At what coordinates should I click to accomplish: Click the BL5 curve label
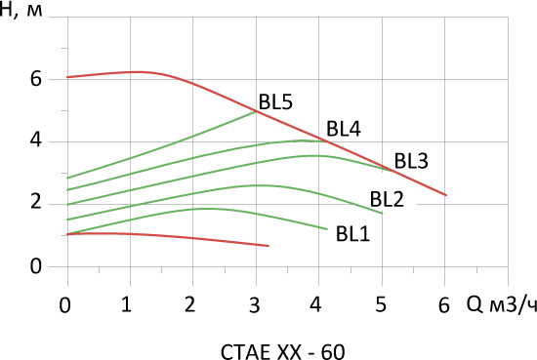coord(275,102)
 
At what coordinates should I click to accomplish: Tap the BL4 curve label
coord(344,129)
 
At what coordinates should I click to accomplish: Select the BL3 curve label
coord(411,161)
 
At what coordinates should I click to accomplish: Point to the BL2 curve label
coord(387,199)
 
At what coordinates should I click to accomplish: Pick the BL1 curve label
coord(352,234)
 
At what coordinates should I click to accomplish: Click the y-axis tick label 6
coord(36,79)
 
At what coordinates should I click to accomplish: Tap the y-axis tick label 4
coord(36,140)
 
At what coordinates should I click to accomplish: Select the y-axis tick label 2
coord(36,202)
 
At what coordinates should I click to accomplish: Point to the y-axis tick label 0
coord(36,266)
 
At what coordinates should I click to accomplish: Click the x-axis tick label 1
coord(126,304)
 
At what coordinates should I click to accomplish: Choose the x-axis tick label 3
coord(254,304)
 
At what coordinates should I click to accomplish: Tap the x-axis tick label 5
coord(381,303)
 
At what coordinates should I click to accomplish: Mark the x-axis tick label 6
coord(444,304)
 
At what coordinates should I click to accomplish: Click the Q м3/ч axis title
coord(502,304)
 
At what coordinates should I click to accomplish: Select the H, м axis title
coord(21,11)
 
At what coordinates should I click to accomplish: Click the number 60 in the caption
coord(333,352)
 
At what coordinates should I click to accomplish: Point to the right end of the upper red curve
coord(446,195)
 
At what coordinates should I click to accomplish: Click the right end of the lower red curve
coord(268,246)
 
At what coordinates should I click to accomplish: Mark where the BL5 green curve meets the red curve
coord(256,111)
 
